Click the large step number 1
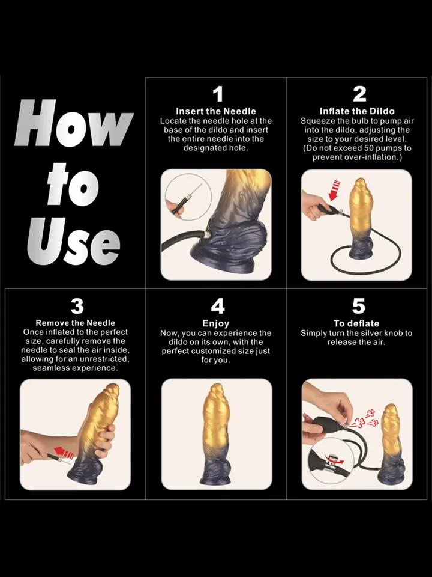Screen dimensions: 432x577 (x=218, y=94)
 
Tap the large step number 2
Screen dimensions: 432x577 (x=359, y=94)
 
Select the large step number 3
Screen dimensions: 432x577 (x=77, y=306)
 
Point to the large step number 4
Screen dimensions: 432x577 (x=218, y=306)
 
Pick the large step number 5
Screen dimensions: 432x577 (x=359, y=306)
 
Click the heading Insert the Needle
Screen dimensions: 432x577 (x=215, y=111)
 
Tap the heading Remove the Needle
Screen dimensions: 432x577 (x=76, y=323)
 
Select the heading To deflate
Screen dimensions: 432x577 (x=356, y=323)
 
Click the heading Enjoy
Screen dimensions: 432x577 (x=215, y=324)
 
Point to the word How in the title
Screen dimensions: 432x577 (x=73, y=123)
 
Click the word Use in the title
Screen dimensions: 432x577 (x=73, y=241)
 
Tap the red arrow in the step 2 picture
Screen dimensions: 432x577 (x=335, y=191)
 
